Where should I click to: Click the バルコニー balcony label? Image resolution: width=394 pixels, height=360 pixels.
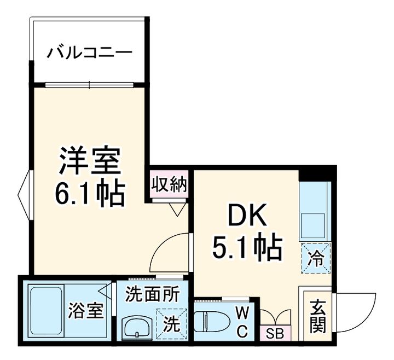point(89,53)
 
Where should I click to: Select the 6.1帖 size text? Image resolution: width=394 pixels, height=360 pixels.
point(90,192)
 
